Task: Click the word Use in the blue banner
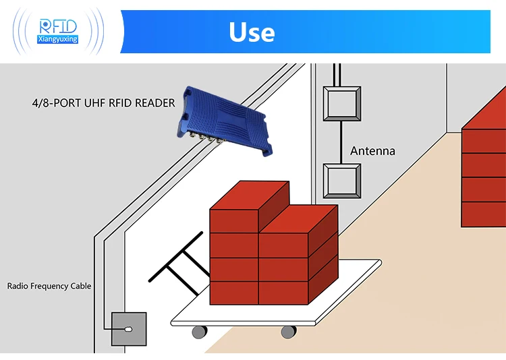(252, 32)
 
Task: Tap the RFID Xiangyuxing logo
(59, 30)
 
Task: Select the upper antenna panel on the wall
(341, 104)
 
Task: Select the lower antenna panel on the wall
(341, 180)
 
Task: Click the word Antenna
(372, 151)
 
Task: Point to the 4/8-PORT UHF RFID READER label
(103, 103)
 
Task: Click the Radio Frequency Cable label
(49, 286)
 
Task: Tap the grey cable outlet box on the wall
(128, 330)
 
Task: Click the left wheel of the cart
(199, 332)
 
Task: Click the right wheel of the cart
(288, 332)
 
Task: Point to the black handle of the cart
(177, 263)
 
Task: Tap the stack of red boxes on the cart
(273, 246)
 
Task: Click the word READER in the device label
(154, 103)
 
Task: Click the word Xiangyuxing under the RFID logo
(59, 39)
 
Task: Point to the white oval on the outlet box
(128, 330)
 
